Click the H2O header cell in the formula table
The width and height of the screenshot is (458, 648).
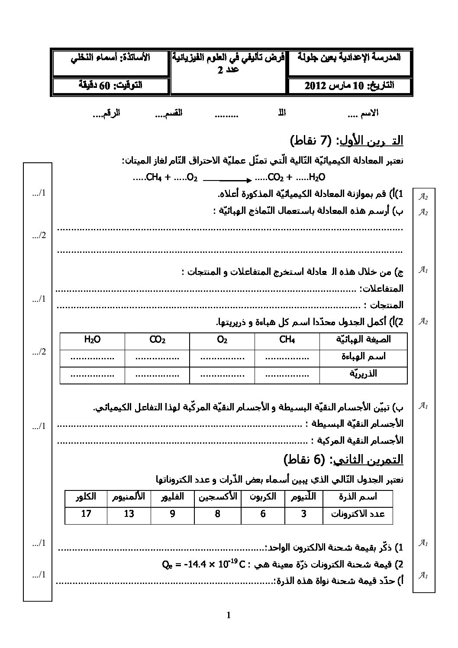(92, 340)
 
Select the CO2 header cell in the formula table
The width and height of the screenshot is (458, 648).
(157, 340)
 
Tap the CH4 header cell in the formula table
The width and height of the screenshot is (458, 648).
(287, 340)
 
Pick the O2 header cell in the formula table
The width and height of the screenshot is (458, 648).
(222, 340)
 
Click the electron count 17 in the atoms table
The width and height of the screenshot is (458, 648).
(86, 514)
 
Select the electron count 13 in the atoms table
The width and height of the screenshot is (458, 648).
(129, 514)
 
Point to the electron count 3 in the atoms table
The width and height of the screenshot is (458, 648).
(304, 514)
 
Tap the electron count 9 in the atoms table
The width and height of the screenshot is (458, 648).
(172, 514)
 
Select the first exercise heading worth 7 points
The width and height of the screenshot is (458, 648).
(346, 141)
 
